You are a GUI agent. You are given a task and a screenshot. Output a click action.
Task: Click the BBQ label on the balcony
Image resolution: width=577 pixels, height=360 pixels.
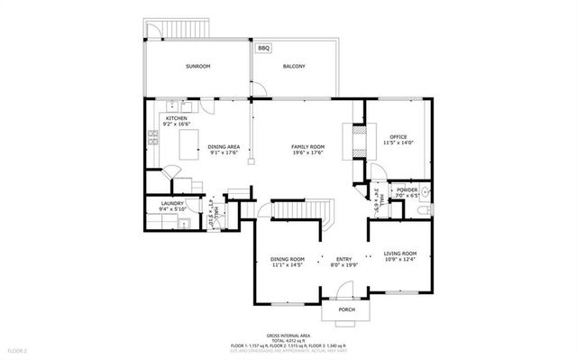pos(263,48)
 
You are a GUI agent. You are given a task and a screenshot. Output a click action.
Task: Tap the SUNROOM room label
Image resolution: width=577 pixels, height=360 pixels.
pos(198,67)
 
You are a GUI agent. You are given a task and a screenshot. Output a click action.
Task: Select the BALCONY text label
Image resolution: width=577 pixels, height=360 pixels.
pos(294,67)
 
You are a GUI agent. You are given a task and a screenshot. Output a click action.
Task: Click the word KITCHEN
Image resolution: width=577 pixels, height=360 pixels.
pos(176,119)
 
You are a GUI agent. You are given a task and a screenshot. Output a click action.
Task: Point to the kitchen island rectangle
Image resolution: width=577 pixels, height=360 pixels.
pos(189,144)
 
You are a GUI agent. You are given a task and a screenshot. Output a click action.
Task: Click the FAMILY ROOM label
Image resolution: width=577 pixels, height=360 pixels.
pos(307,146)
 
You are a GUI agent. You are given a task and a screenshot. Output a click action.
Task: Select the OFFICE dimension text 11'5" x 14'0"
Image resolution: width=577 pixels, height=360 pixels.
pos(398,143)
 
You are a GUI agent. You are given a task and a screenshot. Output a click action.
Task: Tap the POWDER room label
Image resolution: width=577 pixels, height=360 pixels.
pos(407,190)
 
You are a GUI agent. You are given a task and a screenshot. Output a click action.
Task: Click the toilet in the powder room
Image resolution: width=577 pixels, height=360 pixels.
pos(423,210)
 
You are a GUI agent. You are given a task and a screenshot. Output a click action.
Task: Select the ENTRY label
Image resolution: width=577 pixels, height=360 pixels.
pos(344,259)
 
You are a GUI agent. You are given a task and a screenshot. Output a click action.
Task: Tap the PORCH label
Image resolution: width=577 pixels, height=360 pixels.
pos(346,309)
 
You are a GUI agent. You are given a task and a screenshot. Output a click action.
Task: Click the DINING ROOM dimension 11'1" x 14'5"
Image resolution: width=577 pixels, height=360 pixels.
pos(288,265)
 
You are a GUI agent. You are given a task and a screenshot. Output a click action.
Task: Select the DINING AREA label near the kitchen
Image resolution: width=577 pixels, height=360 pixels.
pos(224,146)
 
